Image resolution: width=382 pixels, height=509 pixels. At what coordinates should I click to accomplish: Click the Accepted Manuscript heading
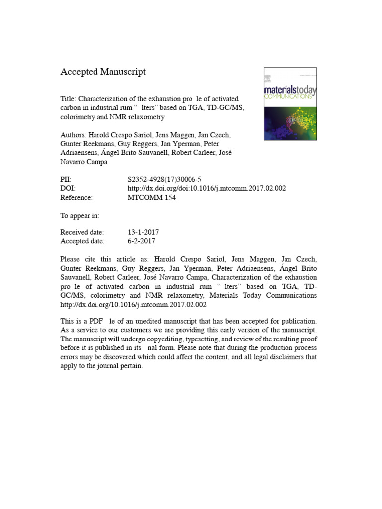103,72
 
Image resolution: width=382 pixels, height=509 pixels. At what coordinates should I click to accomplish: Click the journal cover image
290,103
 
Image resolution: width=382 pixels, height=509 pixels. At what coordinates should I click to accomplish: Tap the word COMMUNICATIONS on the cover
290,97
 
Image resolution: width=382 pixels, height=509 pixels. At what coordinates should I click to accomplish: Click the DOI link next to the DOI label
206,189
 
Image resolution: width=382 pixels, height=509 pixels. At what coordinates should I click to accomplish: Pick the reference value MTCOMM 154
152,198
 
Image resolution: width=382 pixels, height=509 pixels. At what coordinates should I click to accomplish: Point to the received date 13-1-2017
143,232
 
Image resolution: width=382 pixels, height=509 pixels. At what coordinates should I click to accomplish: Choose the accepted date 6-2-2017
142,241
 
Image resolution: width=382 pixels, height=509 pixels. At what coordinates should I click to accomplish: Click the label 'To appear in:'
80,215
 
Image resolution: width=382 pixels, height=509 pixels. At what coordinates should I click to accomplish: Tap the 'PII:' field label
66,180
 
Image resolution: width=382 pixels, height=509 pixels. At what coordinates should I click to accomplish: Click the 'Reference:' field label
77,198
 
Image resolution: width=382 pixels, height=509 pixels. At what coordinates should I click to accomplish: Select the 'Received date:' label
82,232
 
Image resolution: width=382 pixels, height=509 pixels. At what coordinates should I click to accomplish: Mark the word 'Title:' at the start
69,99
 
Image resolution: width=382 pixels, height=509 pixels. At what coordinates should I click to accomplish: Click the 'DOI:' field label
68,189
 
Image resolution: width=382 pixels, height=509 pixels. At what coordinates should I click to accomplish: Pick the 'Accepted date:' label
82,241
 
